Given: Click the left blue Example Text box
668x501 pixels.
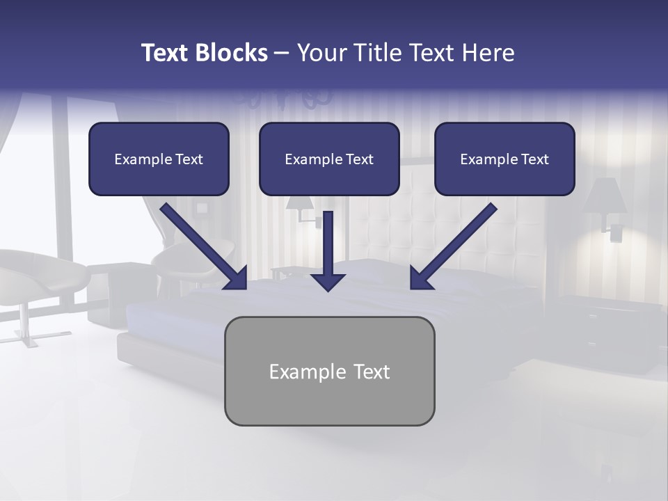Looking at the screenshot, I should coord(159,159).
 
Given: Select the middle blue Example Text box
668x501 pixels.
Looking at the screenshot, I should coord(329,159).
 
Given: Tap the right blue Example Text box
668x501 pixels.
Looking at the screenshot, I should coord(504,159).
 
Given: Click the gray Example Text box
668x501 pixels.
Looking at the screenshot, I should coord(329,371).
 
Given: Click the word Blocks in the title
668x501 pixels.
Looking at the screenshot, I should coord(231,53).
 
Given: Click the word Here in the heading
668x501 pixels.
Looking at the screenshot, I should coord(488,53).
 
